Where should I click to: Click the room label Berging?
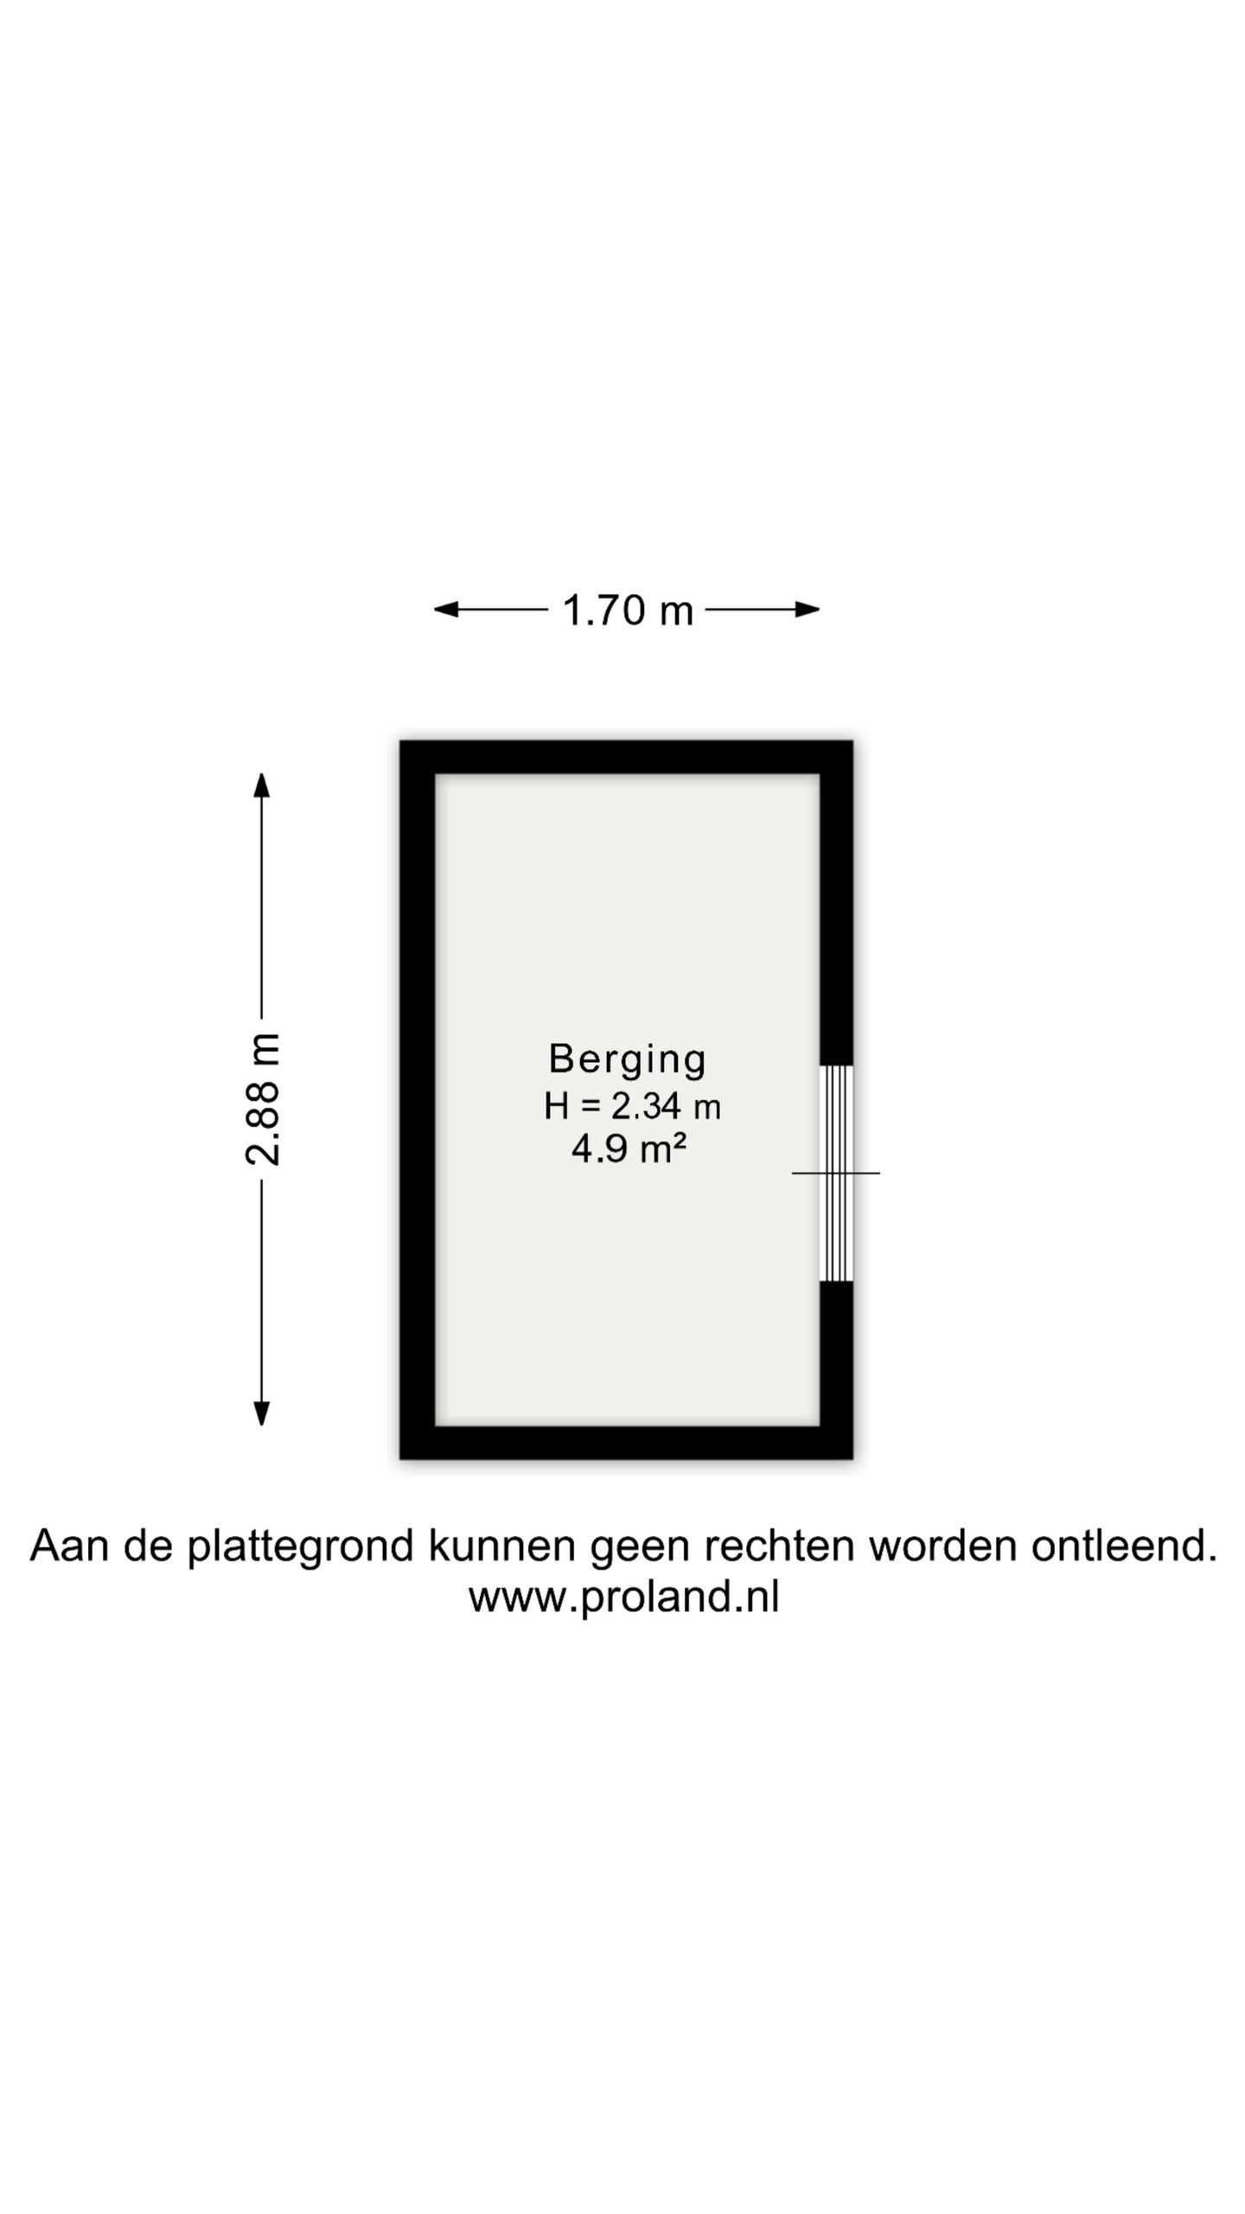(x=628, y=1059)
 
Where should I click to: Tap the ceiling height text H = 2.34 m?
(x=632, y=1106)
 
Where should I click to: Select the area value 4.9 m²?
(x=629, y=1149)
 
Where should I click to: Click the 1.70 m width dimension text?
(x=628, y=610)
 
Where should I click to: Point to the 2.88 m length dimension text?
(x=262, y=1099)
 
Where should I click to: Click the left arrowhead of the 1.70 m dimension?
(x=445, y=610)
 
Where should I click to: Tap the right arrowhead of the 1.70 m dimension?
(x=808, y=610)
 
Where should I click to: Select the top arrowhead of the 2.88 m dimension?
(x=261, y=785)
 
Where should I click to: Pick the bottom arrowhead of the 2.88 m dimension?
(x=261, y=1412)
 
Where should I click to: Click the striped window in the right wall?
(x=836, y=1173)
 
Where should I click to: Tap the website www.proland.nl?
(x=623, y=1597)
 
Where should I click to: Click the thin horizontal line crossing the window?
(x=836, y=1173)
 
